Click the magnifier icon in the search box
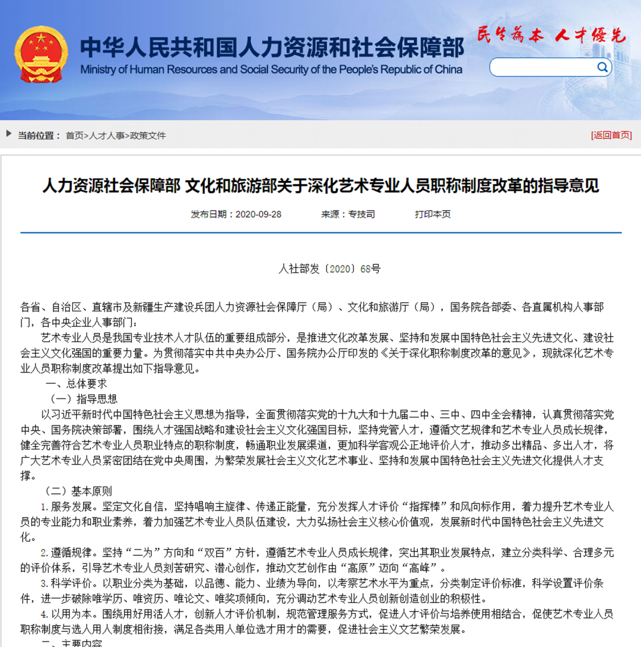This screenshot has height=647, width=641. (602, 67)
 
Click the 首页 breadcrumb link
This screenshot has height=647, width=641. (74, 135)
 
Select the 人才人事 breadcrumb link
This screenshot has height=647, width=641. (107, 135)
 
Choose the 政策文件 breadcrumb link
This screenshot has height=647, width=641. (148, 135)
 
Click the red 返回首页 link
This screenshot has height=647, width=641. (612, 135)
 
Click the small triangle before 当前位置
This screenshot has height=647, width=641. (9, 134)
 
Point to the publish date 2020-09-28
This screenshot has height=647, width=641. (258, 214)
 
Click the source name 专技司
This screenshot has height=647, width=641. (361, 214)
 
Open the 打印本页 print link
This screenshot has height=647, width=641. (433, 214)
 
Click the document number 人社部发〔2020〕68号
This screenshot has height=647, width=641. (329, 269)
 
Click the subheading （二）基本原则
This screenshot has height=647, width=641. (78, 491)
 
